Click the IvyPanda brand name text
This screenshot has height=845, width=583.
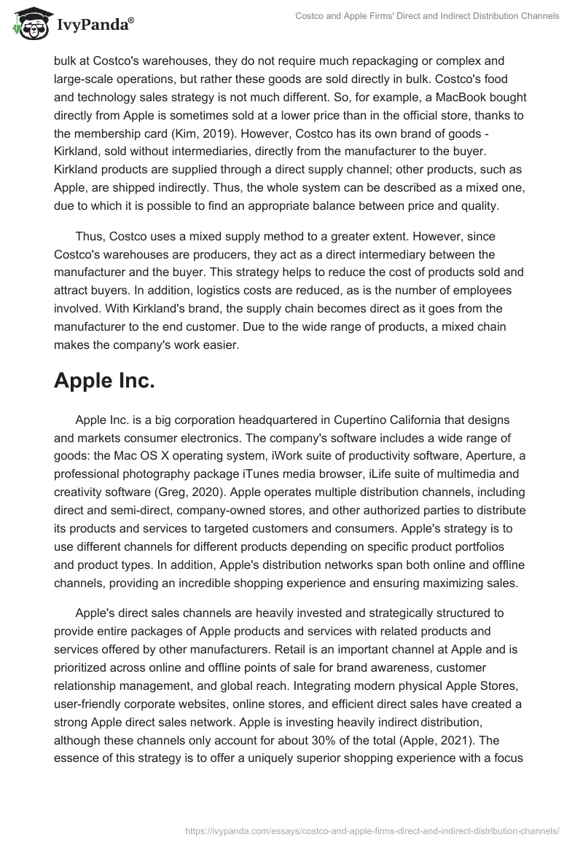92,25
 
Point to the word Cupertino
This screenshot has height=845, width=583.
363,420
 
